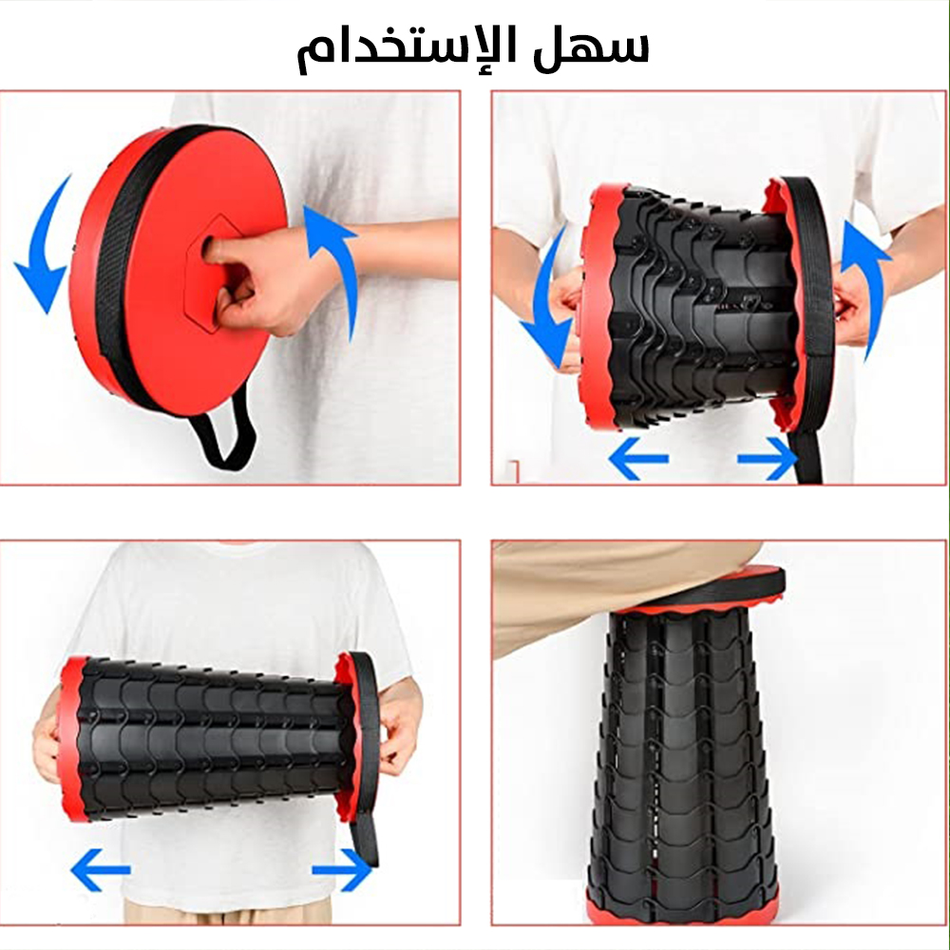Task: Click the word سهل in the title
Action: point(591,46)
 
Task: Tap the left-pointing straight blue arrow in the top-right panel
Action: point(638,459)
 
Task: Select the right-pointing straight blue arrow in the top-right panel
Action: point(768,459)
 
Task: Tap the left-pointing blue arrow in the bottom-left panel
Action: point(101,870)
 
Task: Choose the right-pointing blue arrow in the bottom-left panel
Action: point(342,870)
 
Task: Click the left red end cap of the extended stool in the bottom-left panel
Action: point(74,739)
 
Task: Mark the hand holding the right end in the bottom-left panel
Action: point(397,733)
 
